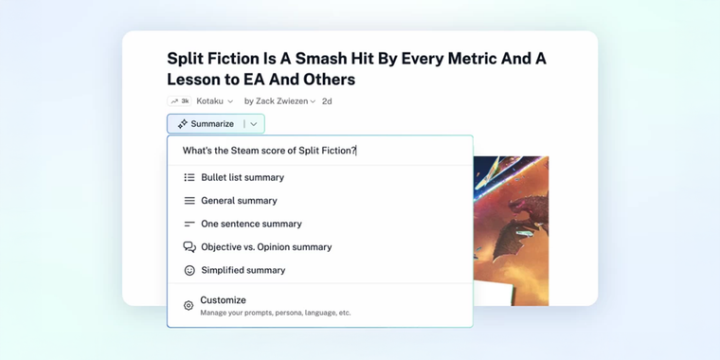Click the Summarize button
(206, 124)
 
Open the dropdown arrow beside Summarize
(254, 124)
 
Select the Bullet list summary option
(242, 177)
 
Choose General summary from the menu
(239, 201)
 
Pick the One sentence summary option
(251, 224)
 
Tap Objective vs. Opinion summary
(265, 247)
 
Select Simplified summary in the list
(243, 270)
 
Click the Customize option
(224, 300)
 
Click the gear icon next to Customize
(189, 306)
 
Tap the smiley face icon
(189, 271)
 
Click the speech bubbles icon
(189, 247)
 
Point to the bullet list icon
(189, 177)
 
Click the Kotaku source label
(210, 101)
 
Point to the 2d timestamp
(327, 101)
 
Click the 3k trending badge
(179, 101)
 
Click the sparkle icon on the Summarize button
(183, 124)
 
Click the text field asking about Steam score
(319, 151)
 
